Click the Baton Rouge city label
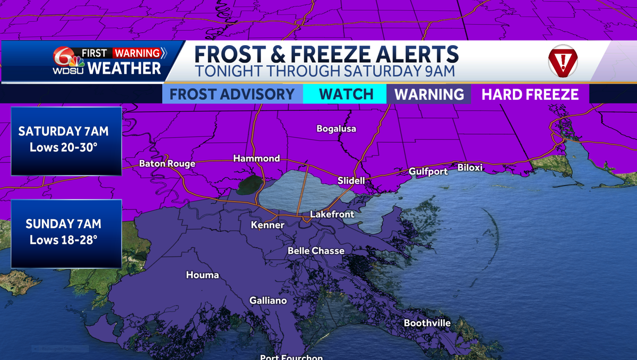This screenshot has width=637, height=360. click(x=167, y=164)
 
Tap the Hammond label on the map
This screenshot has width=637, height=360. click(x=256, y=158)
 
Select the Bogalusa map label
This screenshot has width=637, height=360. click(x=336, y=128)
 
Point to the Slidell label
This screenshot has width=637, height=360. click(x=351, y=181)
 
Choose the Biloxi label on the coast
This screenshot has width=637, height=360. click(x=470, y=168)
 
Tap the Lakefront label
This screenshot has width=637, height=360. click(x=332, y=215)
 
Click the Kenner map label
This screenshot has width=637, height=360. click(x=268, y=225)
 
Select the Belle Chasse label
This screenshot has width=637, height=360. click(x=316, y=251)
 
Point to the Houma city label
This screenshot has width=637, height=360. click(x=202, y=275)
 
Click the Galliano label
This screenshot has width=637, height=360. click(x=268, y=301)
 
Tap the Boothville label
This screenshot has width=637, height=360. click(x=427, y=323)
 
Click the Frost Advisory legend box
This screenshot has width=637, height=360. click(x=233, y=95)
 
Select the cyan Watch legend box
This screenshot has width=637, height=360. click(x=346, y=95)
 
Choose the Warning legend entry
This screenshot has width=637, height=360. click(x=429, y=95)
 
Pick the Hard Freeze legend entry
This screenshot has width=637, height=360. click(x=530, y=95)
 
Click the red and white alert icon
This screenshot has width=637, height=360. click(x=562, y=61)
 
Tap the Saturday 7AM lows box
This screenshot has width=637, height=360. click(x=66, y=141)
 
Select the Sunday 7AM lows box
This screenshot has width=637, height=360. click(x=66, y=234)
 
